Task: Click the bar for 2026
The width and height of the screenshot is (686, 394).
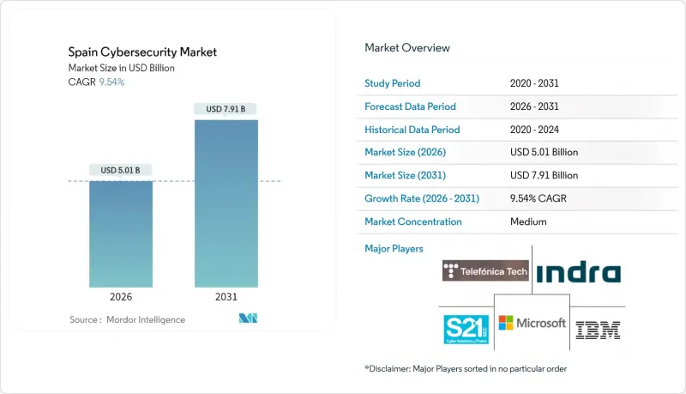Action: pyautogui.click(x=121, y=233)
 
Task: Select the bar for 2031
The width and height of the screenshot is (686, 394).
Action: pyautogui.click(x=226, y=203)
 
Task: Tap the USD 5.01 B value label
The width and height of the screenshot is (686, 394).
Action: pyautogui.click(x=121, y=170)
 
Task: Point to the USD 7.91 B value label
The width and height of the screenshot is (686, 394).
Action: pyautogui.click(x=226, y=109)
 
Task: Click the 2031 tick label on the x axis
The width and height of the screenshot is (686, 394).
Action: pyautogui.click(x=226, y=297)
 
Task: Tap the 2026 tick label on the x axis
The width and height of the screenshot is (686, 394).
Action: pyautogui.click(x=121, y=297)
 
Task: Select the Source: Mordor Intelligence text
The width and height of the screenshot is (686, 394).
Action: pyautogui.click(x=127, y=319)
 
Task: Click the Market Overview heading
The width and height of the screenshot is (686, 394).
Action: pyautogui.click(x=407, y=48)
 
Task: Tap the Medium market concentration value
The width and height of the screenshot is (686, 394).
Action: pyautogui.click(x=527, y=221)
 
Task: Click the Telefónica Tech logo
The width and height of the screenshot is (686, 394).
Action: pyautogui.click(x=485, y=271)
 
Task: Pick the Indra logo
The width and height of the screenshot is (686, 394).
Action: pyautogui.click(x=578, y=273)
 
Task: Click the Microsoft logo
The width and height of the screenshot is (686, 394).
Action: pyautogui.click(x=533, y=323)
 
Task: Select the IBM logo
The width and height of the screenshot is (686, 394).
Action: pyautogui.click(x=599, y=329)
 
